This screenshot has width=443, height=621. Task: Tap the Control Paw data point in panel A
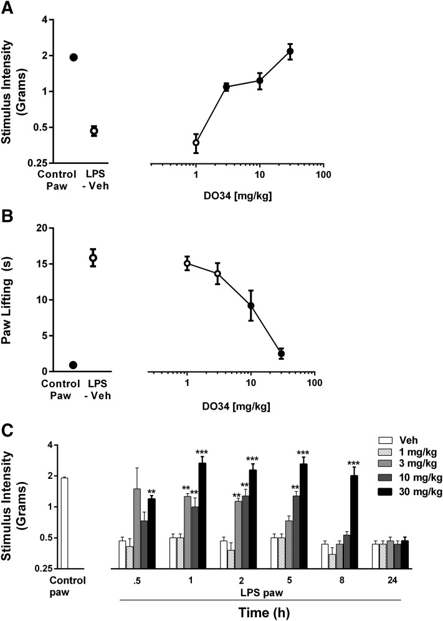74,57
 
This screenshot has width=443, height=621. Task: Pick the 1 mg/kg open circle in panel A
196,143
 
